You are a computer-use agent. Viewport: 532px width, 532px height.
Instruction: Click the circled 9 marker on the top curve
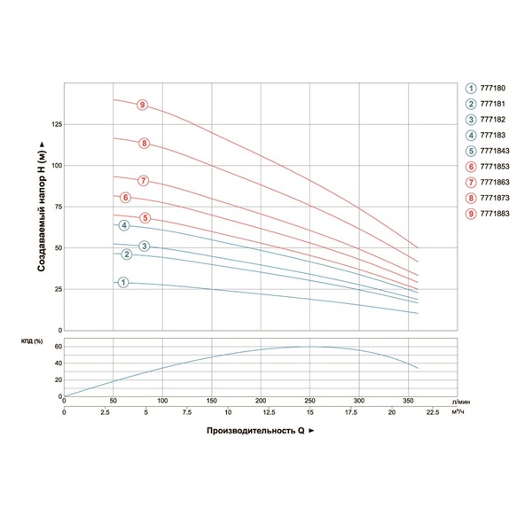(x=142, y=105)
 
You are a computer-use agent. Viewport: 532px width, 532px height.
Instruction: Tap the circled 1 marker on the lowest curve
(x=123, y=283)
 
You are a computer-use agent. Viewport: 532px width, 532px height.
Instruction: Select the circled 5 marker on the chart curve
(x=145, y=218)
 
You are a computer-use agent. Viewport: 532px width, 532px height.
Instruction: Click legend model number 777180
(x=494, y=87)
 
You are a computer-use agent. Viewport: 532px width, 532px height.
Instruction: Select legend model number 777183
(x=494, y=135)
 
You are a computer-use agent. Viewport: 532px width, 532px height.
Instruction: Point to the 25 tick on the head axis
(x=57, y=290)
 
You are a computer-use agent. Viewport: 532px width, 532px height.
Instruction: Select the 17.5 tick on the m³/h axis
(x=358, y=412)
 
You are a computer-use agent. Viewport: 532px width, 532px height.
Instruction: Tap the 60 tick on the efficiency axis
(x=56, y=347)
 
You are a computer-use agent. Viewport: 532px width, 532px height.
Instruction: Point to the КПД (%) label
(x=33, y=342)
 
